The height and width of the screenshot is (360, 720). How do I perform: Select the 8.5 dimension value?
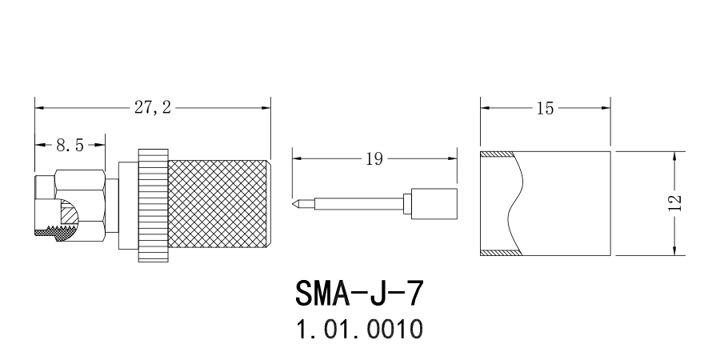pyautogui.click(x=70, y=145)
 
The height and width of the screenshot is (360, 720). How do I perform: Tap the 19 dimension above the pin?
pyautogui.click(x=373, y=158)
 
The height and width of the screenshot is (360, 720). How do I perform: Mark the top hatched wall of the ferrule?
pyautogui.click(x=500, y=153)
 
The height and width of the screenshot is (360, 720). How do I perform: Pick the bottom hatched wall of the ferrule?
pyautogui.click(x=500, y=254)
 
